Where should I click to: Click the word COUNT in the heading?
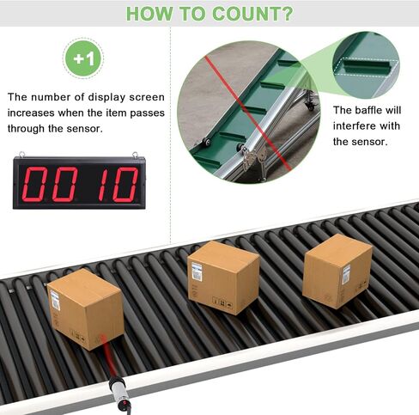click(243, 13)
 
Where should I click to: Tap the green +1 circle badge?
click(83, 58)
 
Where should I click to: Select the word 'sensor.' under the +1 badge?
click(84, 129)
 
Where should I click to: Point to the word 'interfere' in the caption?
click(354, 126)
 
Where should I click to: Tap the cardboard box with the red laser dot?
click(86, 309)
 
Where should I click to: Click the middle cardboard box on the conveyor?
click(223, 278)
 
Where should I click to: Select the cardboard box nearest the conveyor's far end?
click(337, 271)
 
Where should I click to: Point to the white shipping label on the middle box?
click(197, 272)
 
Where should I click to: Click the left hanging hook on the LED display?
click(21, 155)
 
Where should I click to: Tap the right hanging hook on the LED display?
click(136, 155)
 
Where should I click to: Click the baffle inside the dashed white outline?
click(367, 66)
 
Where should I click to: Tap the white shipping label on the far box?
click(346, 274)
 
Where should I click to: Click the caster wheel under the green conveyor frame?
click(310, 106)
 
